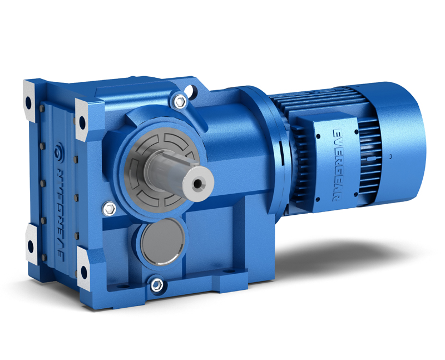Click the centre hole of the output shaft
[x=197, y=184]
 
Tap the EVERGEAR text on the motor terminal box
[x=338, y=165]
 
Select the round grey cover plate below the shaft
[x=162, y=241]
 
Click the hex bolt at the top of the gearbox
[x=180, y=101]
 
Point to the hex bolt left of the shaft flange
[x=109, y=209]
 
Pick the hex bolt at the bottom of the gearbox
[x=157, y=285]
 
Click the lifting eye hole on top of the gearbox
[x=193, y=90]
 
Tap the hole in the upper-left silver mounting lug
[x=29, y=102]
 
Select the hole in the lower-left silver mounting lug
[x=31, y=246]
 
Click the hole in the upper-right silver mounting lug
[x=82, y=122]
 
